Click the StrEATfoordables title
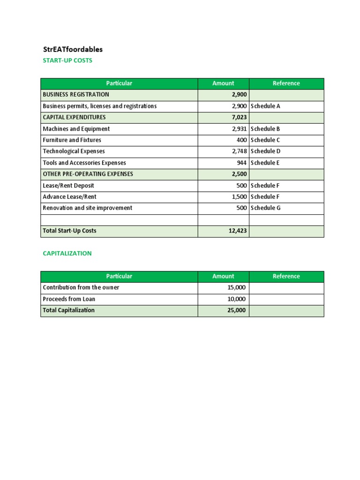73,49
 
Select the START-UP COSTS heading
67,60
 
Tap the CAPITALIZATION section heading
67,253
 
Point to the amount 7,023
239,118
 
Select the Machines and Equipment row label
76,129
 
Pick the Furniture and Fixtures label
72,140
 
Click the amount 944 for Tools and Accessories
241,163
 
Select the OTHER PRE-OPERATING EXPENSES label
88,174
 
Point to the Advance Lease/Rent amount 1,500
239,197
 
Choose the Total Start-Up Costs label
69,231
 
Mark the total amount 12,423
237,231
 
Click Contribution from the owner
81,287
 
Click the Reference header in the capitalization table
286,277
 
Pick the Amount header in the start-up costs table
223,83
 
